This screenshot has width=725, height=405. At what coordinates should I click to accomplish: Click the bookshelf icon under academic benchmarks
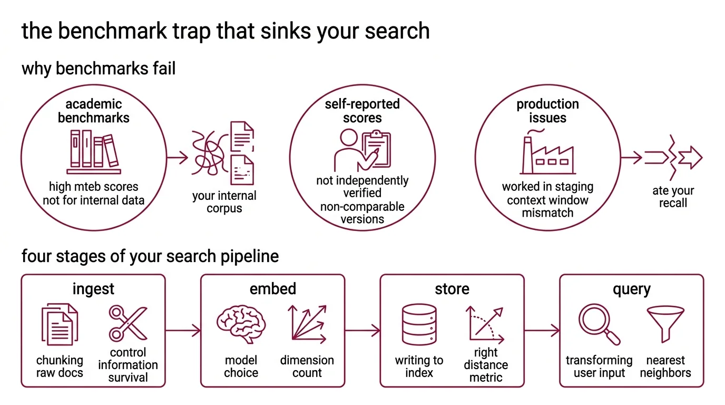click(x=94, y=151)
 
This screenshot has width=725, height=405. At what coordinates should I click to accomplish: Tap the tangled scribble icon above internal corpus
click(x=207, y=153)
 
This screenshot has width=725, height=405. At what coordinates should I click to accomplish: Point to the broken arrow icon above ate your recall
click(x=673, y=157)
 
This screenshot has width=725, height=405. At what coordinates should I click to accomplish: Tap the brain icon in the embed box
click(x=241, y=323)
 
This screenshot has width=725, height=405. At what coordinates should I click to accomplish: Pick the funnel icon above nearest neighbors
click(x=665, y=323)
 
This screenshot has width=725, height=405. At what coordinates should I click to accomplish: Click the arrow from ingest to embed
click(x=183, y=331)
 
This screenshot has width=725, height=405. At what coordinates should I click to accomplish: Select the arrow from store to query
click(x=542, y=331)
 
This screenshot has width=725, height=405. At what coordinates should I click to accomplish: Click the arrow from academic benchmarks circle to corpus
click(x=178, y=157)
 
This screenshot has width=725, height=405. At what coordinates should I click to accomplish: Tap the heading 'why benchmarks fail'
click(x=99, y=69)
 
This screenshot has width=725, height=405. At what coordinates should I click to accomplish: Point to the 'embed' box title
click(x=272, y=289)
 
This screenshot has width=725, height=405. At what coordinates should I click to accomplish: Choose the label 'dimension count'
click(x=307, y=367)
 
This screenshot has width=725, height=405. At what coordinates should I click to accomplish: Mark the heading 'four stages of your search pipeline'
click(x=150, y=257)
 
